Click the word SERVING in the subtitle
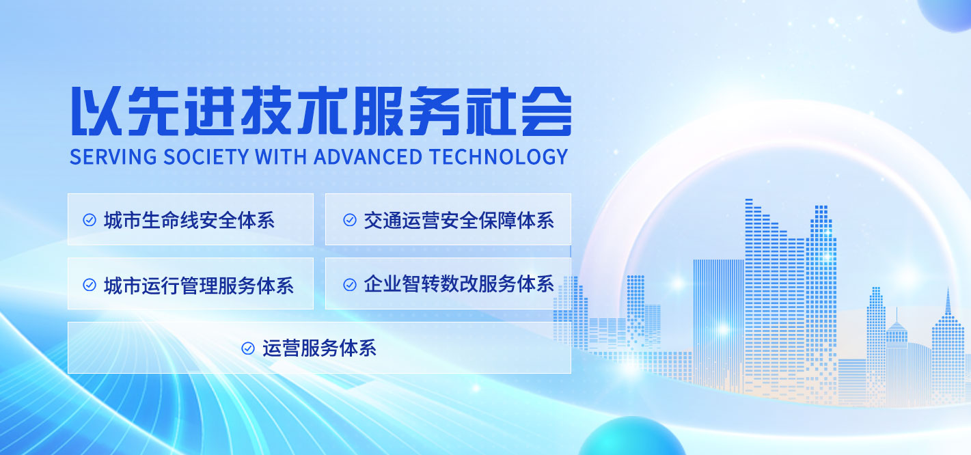113,157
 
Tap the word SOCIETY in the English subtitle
206,157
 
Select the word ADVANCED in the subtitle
368,157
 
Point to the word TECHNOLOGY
499,157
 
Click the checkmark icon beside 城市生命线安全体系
90,220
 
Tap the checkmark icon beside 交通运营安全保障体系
350,220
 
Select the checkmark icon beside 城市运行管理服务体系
90,285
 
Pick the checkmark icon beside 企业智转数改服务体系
350,285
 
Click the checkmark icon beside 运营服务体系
247,348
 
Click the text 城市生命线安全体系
189,221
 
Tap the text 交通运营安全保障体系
459,221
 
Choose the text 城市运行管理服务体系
199,286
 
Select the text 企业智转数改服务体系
459,284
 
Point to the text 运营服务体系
320,348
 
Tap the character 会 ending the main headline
547,111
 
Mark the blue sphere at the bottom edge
632,437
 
